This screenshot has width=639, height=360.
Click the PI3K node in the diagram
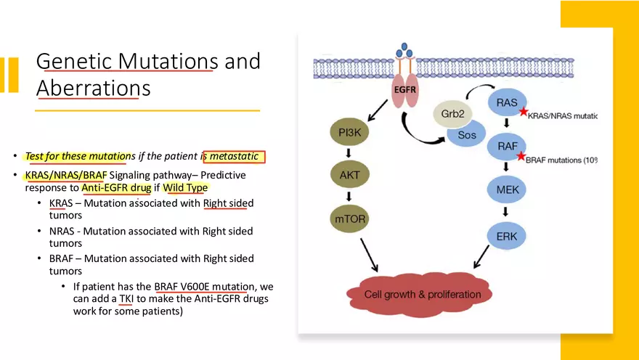(349, 133)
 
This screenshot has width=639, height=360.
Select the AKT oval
(349, 174)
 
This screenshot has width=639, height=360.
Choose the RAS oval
(507, 104)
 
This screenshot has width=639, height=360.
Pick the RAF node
(507, 146)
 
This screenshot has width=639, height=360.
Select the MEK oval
(507, 189)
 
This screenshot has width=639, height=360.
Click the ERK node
(507, 235)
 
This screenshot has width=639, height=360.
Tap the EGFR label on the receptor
(405, 89)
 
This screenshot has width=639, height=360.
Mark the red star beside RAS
(524, 112)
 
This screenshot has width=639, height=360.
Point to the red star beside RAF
(520, 156)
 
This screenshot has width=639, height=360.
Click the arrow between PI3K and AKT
(349, 153)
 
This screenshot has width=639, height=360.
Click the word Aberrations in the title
(94, 89)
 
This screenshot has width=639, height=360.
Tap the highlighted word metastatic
(234, 156)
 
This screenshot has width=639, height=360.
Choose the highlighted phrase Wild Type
(185, 188)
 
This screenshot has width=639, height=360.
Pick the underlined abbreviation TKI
(126, 298)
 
